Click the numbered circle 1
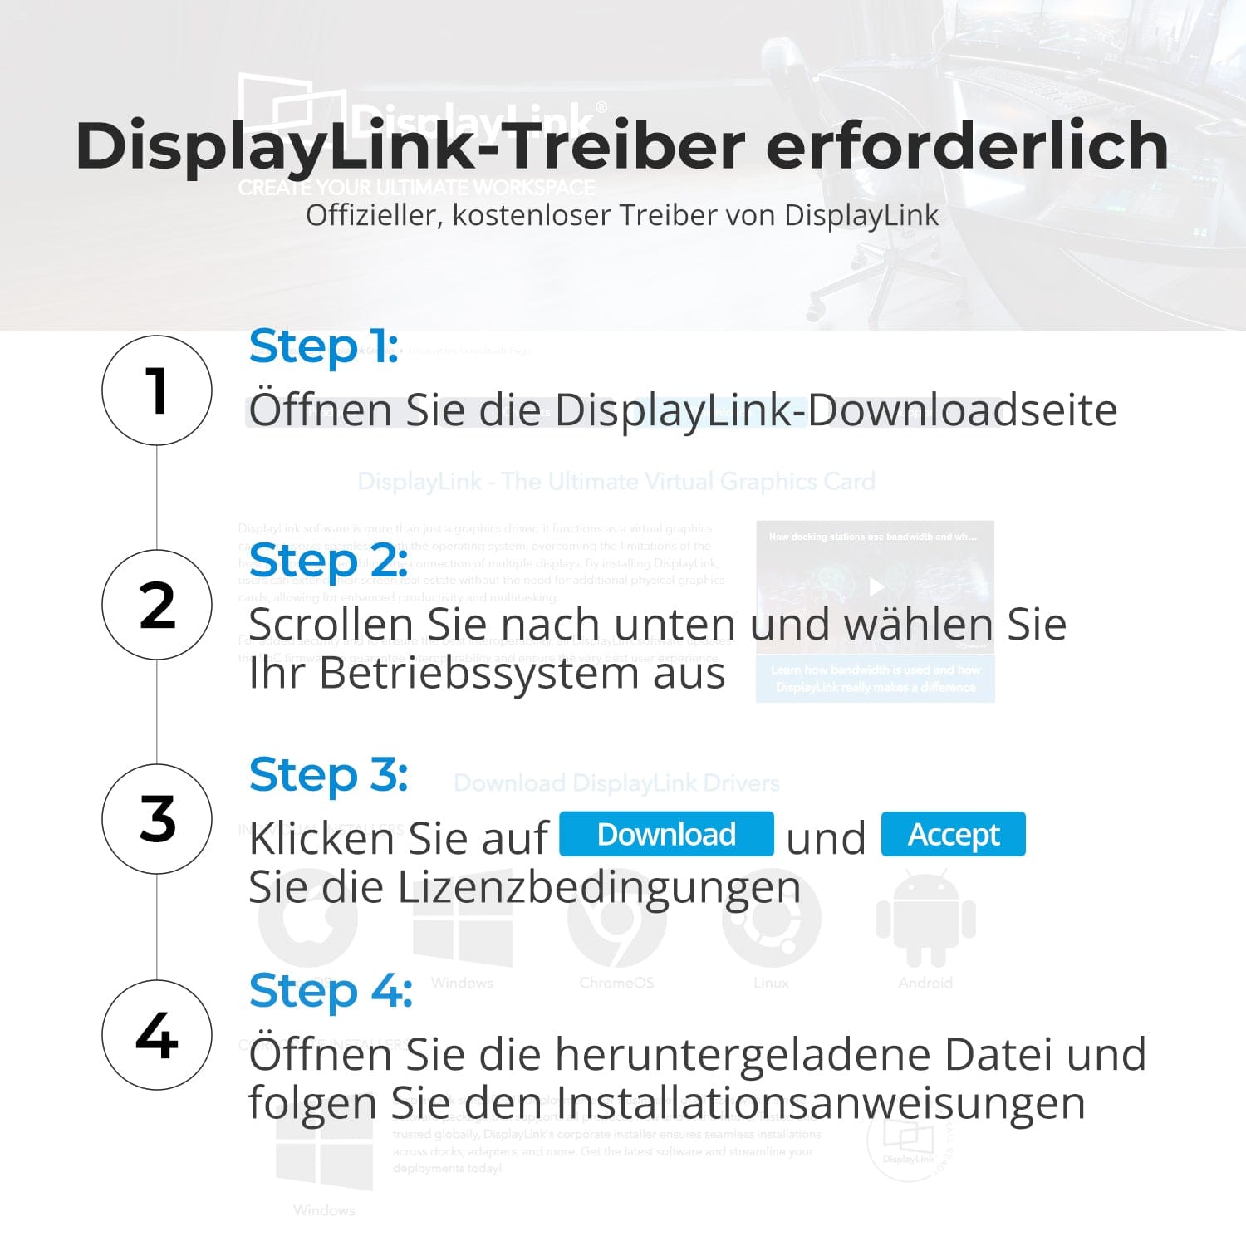157,390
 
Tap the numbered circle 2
157,605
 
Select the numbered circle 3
157,819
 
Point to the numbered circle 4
157,1035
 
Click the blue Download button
666,834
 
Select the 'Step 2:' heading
328,561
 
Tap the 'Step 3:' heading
328,775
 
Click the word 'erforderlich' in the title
967,146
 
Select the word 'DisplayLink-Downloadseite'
836,410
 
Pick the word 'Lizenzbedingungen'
599,887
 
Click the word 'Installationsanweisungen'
820,1103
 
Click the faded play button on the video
876,587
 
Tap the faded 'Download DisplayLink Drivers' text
616,783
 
